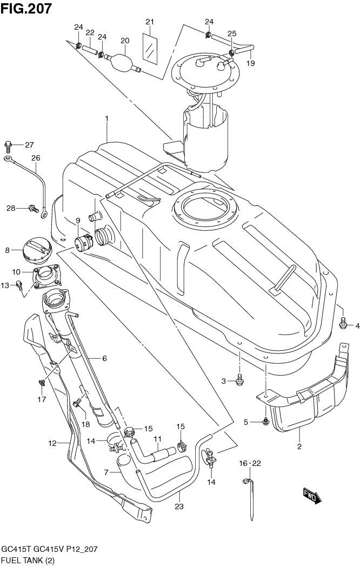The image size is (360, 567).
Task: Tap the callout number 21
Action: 150,22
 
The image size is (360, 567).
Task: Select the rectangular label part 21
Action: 150,48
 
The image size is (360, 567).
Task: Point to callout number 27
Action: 29,145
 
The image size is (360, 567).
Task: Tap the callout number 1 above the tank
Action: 107,118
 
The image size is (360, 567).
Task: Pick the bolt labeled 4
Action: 343,324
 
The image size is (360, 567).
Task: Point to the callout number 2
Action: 299,446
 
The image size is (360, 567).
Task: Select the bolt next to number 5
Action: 265,421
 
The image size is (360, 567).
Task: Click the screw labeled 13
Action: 19,285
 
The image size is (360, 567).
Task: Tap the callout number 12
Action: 52,443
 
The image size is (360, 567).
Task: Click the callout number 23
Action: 179,506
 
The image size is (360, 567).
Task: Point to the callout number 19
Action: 250,63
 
